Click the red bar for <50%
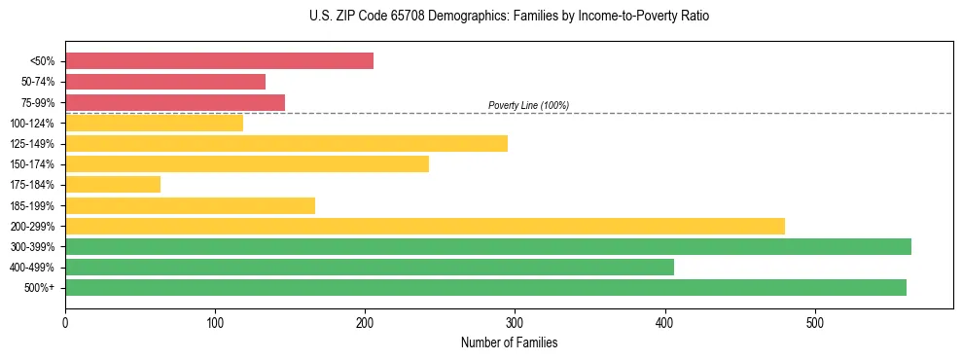[x=219, y=61]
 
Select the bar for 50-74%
[x=165, y=82]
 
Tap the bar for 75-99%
[x=175, y=102]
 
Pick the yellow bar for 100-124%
[x=154, y=123]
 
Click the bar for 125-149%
[x=286, y=143]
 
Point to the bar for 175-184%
[x=113, y=185]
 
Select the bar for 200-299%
[x=425, y=226]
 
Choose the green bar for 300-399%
[x=488, y=246]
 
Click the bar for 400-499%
[x=370, y=267]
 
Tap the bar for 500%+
[x=485, y=287]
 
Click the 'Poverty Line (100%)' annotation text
[x=528, y=105]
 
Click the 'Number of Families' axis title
[x=509, y=342]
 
